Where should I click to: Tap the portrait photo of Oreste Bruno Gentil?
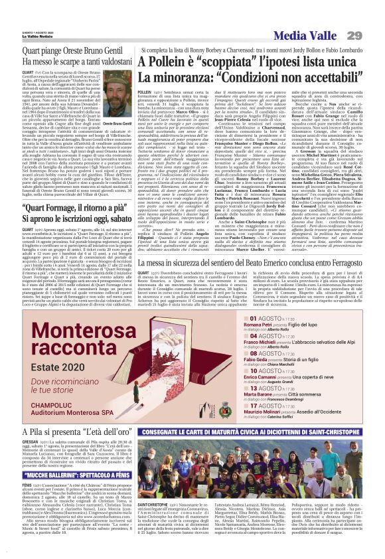click(115, 102)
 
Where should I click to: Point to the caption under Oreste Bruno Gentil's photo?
click(115, 123)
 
